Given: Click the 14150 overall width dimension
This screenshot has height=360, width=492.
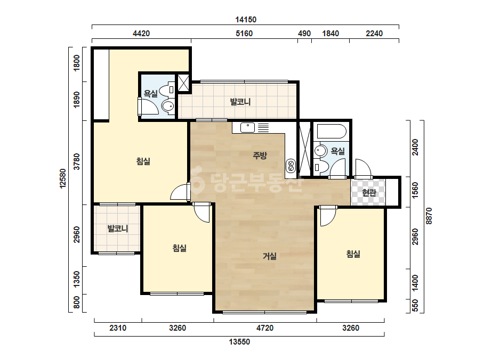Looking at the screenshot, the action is (246, 20).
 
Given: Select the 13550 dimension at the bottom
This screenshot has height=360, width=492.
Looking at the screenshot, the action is (239, 342).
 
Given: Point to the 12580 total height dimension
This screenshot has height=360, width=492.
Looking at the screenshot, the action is (63, 178).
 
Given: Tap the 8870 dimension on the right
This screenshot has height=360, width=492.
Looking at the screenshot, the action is (429, 216).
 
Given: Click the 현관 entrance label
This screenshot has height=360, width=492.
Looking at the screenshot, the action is (369, 193).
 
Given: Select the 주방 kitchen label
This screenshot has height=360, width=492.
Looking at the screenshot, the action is (260, 155).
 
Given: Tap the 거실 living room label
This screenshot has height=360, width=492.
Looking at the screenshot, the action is (270, 256).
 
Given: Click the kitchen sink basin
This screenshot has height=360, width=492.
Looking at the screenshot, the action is (247, 128).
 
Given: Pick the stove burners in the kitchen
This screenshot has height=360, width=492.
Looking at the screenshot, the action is (291, 166).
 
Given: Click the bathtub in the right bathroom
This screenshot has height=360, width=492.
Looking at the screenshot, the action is (332, 132).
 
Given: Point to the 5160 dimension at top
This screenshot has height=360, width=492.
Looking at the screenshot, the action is (244, 34).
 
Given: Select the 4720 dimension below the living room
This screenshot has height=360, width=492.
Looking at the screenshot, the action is (265, 328).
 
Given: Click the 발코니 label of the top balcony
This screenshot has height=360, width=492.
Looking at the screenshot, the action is (240, 102).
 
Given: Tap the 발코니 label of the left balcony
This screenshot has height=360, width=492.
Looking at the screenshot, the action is (118, 228).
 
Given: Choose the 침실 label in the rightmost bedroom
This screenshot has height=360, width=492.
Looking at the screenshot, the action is (353, 253).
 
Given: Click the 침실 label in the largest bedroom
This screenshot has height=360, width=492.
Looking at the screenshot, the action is (143, 161).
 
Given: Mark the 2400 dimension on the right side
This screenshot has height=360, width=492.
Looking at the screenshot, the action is (415, 147).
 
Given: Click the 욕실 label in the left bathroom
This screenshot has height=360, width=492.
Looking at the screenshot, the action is (151, 93).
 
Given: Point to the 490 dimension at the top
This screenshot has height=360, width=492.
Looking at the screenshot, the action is (304, 34).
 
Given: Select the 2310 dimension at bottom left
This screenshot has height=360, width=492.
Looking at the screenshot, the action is (118, 328).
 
